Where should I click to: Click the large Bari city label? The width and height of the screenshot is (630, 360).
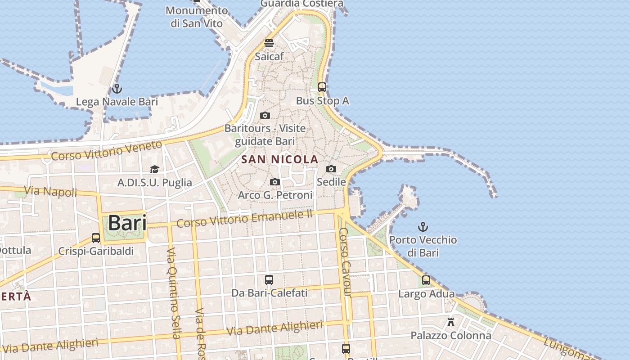127,223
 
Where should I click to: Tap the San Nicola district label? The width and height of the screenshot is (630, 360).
279,159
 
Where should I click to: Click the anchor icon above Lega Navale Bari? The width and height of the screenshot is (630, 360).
117,88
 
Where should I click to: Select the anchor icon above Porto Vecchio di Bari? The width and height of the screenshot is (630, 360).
423,226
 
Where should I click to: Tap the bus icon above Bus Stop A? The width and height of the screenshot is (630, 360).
322,87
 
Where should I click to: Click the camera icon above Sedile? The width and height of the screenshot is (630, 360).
331,169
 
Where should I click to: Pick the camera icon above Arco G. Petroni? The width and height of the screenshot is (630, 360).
275,182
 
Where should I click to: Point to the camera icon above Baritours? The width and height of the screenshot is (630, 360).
265,115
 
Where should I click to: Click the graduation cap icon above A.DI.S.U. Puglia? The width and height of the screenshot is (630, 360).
154,169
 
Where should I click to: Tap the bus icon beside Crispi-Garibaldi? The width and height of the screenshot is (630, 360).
96,238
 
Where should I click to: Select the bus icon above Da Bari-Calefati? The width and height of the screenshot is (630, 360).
269,279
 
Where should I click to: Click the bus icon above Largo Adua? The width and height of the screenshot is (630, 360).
426,280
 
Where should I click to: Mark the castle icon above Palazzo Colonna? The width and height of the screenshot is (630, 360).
451,322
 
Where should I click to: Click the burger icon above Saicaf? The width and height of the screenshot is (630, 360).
269,43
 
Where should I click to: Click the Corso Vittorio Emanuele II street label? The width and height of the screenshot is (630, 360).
244,219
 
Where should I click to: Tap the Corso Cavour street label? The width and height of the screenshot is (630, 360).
344,262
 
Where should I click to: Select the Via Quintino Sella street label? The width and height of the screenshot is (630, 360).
173,292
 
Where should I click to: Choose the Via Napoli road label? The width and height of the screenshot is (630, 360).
50,191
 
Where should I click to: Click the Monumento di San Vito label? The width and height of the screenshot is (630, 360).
197,17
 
